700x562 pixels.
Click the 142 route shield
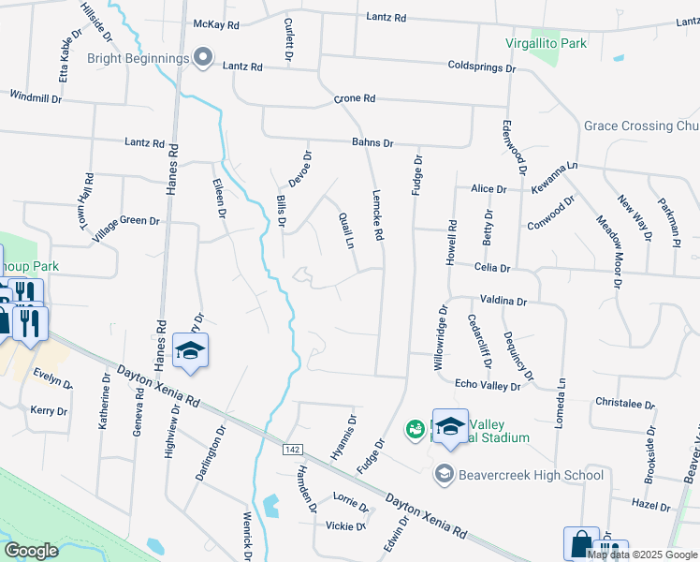tap(292, 451)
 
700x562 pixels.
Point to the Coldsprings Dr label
tap(482, 68)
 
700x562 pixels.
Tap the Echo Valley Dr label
tap(488, 383)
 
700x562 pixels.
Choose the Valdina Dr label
tap(503, 302)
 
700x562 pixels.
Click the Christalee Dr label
tap(624, 403)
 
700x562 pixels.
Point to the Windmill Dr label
tap(36, 96)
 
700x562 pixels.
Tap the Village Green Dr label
tap(125, 228)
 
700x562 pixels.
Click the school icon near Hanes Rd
tap(191, 351)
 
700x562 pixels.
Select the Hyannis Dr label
tap(343, 436)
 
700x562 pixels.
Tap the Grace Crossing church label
tap(641, 126)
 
